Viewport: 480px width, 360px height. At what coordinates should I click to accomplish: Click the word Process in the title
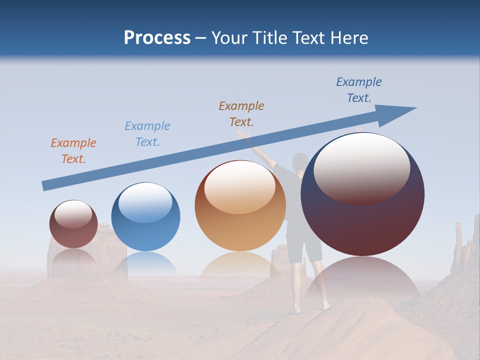pyautogui.click(x=157, y=37)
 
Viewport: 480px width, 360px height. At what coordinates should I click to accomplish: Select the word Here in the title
pyautogui.click(x=348, y=37)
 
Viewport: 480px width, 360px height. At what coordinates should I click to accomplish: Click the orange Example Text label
pyautogui.click(x=73, y=150)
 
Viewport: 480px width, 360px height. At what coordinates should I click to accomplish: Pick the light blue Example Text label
pyautogui.click(x=147, y=134)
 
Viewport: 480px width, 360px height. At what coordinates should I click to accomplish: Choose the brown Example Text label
pyautogui.click(x=241, y=113)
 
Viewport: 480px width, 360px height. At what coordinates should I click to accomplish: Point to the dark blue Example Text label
pyautogui.click(x=359, y=90)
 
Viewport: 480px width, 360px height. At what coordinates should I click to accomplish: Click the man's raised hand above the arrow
pyautogui.click(x=243, y=135)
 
